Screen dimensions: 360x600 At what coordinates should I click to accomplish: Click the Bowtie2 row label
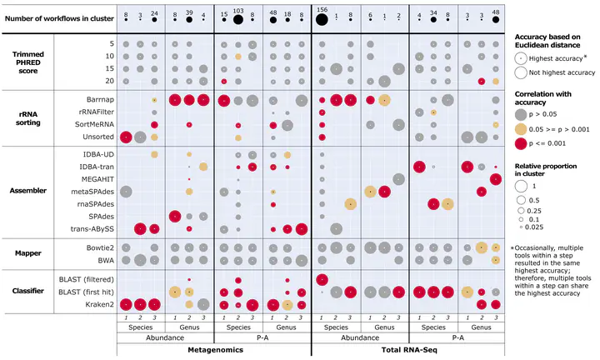point(97,247)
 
